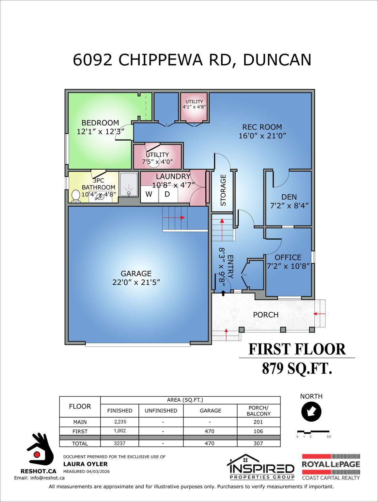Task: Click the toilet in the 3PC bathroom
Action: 76,196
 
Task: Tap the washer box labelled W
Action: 149,194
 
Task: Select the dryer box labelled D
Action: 167,194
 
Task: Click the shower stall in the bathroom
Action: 129,185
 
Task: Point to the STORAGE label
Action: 223,190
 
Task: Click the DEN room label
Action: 289,197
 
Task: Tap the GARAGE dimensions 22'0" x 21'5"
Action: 136,282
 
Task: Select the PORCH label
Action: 266,315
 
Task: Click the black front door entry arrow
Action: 223,293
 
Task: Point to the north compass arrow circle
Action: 311,411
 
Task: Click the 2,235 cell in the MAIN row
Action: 120,422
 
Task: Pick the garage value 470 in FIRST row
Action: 210,431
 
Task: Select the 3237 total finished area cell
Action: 120,443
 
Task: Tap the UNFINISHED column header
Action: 161,411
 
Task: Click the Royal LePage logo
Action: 331,467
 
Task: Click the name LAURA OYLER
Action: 86,464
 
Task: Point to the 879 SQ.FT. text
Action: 297,369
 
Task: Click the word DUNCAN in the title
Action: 277,60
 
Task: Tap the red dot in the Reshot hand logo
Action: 37,454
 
